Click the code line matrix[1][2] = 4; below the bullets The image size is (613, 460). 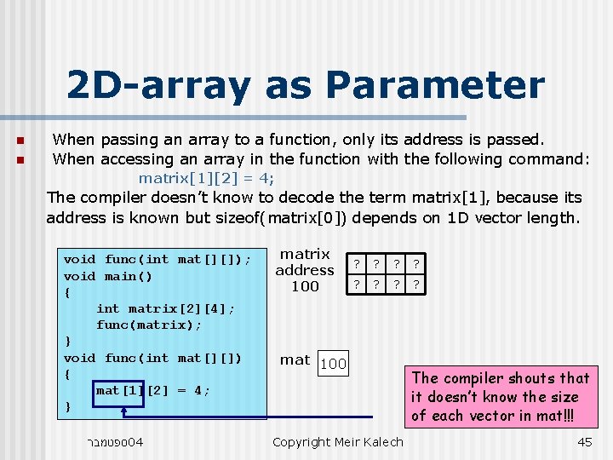(207, 179)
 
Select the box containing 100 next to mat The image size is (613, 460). (333, 364)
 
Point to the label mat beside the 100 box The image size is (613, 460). (295, 360)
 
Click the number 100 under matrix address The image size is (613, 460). (305, 286)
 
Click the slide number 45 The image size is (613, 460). (584, 442)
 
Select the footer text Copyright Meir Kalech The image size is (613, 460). (338, 442)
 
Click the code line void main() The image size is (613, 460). (108, 276)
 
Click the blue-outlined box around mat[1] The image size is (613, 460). (118, 391)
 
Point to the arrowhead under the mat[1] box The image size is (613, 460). (124, 411)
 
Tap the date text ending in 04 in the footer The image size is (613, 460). (116, 442)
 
